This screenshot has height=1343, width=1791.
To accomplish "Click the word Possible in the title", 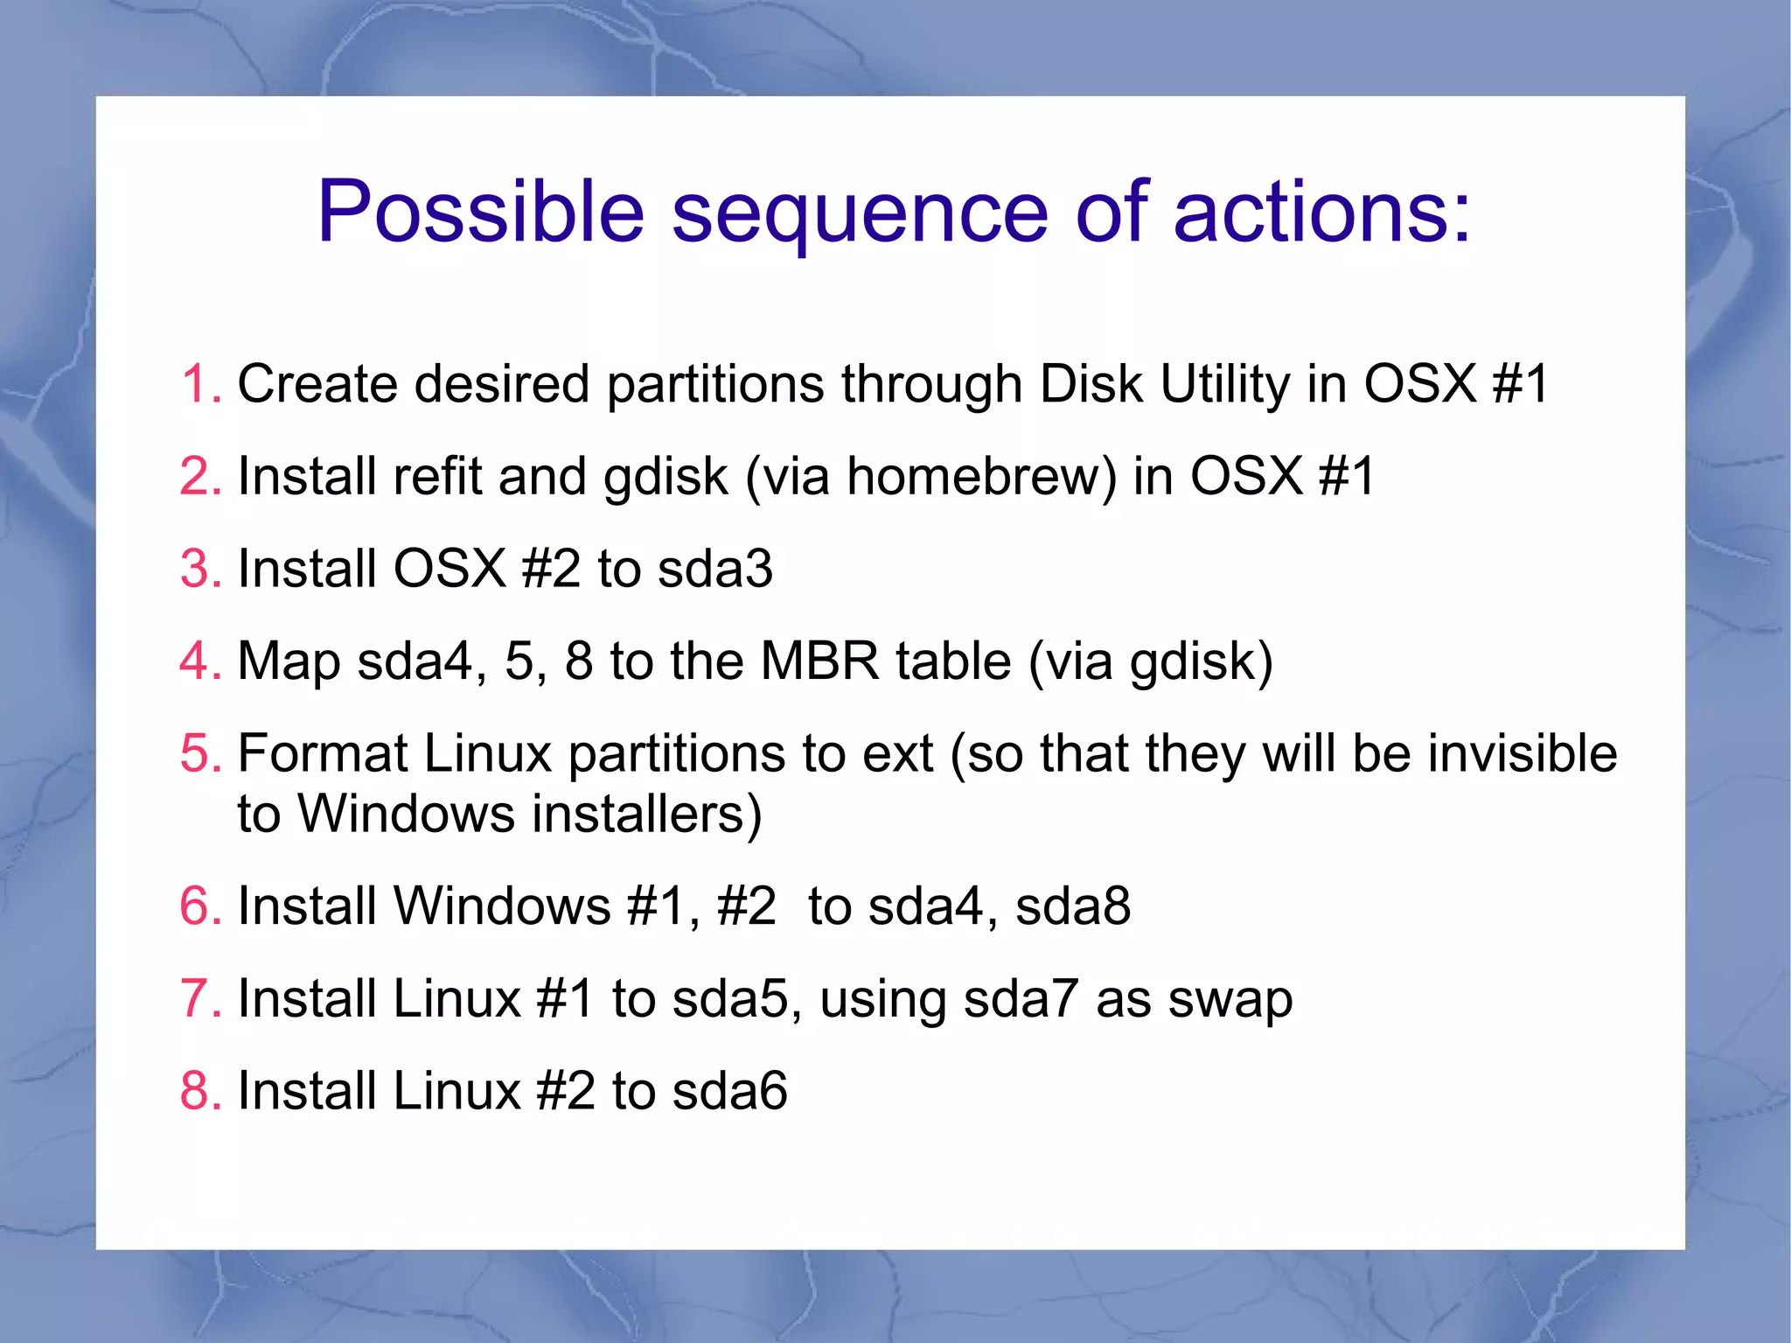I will pos(480,213).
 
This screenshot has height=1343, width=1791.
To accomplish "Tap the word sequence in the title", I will pos(859,213).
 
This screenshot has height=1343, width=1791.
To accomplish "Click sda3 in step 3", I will pos(714,569).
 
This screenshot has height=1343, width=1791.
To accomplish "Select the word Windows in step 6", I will pos(502,906).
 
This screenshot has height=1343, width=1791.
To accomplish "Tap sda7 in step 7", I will pos(1020,999).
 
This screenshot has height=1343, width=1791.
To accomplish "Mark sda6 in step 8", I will pos(729,1091).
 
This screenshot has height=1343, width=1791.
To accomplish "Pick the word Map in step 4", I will pos(289,662).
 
